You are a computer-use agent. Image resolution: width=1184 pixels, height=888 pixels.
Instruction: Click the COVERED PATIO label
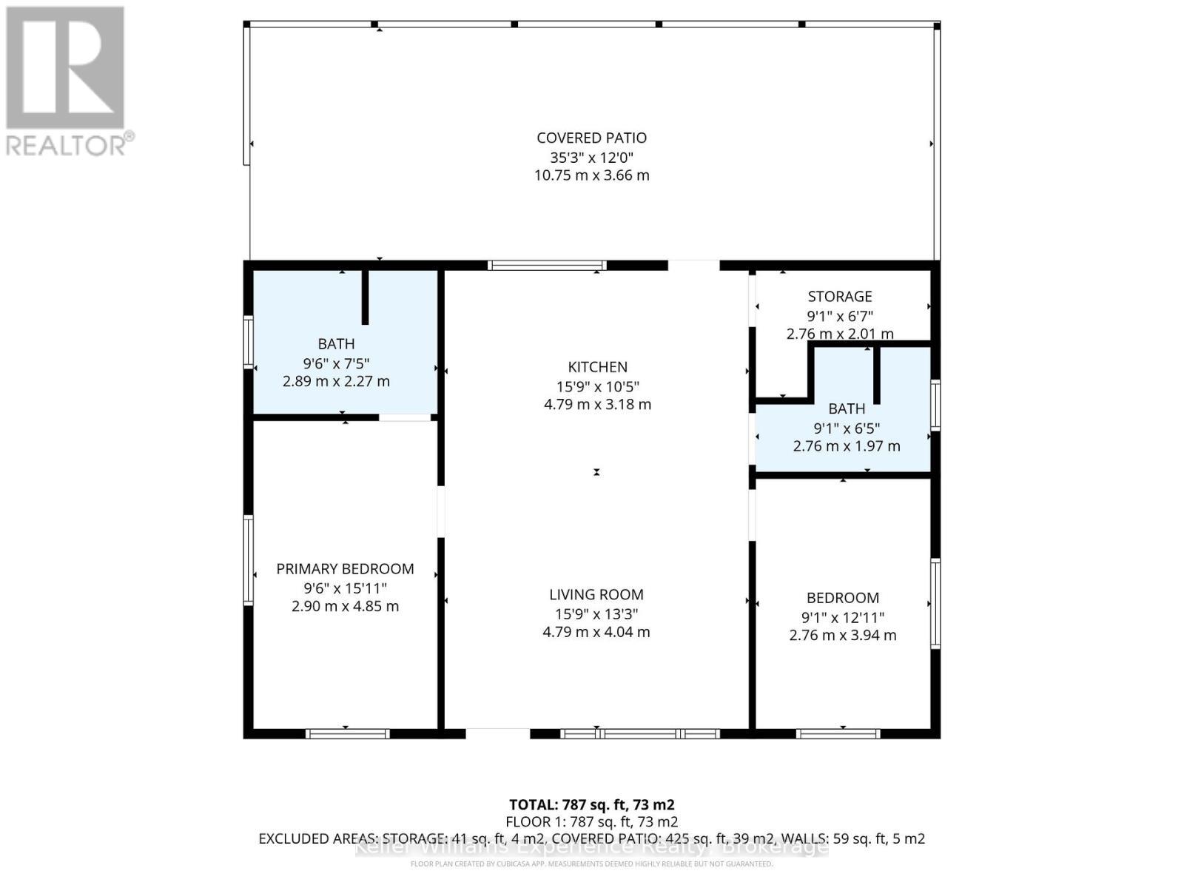pyautogui.click(x=591, y=138)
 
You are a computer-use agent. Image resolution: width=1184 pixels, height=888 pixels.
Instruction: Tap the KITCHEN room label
pyautogui.click(x=597, y=367)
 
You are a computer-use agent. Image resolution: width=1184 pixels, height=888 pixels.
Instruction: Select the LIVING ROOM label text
pyautogui.click(x=596, y=594)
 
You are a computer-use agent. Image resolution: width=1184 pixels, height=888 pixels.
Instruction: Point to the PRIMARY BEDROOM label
pyautogui.click(x=345, y=569)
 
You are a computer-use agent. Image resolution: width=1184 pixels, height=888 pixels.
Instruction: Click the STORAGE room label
pyautogui.click(x=839, y=297)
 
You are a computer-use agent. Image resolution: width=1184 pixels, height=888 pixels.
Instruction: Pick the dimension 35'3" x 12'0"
pyautogui.click(x=591, y=157)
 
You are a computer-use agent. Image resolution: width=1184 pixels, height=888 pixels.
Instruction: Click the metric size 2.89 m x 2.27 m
pyautogui.click(x=336, y=382)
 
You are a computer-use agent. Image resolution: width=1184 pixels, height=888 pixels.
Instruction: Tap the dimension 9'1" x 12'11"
pyautogui.click(x=843, y=617)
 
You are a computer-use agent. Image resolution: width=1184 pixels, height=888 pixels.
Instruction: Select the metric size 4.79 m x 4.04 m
pyautogui.click(x=596, y=633)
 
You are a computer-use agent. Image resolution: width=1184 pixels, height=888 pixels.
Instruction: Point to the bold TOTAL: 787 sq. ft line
pyautogui.click(x=591, y=804)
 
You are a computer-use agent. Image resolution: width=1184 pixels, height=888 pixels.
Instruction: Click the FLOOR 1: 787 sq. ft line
pyautogui.click(x=591, y=821)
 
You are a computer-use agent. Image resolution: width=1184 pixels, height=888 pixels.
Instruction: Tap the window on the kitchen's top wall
pyautogui.click(x=547, y=266)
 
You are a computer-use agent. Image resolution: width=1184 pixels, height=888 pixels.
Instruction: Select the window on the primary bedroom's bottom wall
pyautogui.click(x=347, y=734)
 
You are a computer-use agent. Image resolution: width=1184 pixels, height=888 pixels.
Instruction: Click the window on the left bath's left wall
pyautogui.click(x=249, y=342)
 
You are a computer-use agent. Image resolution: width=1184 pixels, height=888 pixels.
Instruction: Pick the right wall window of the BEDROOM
pyautogui.click(x=935, y=604)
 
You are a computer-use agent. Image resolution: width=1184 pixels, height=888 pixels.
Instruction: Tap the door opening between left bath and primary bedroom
pyautogui.click(x=405, y=418)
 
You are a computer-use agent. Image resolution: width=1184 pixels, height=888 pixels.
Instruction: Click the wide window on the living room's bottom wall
pyautogui.click(x=639, y=734)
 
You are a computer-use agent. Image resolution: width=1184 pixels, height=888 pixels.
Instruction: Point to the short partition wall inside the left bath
pyautogui.click(x=365, y=297)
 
